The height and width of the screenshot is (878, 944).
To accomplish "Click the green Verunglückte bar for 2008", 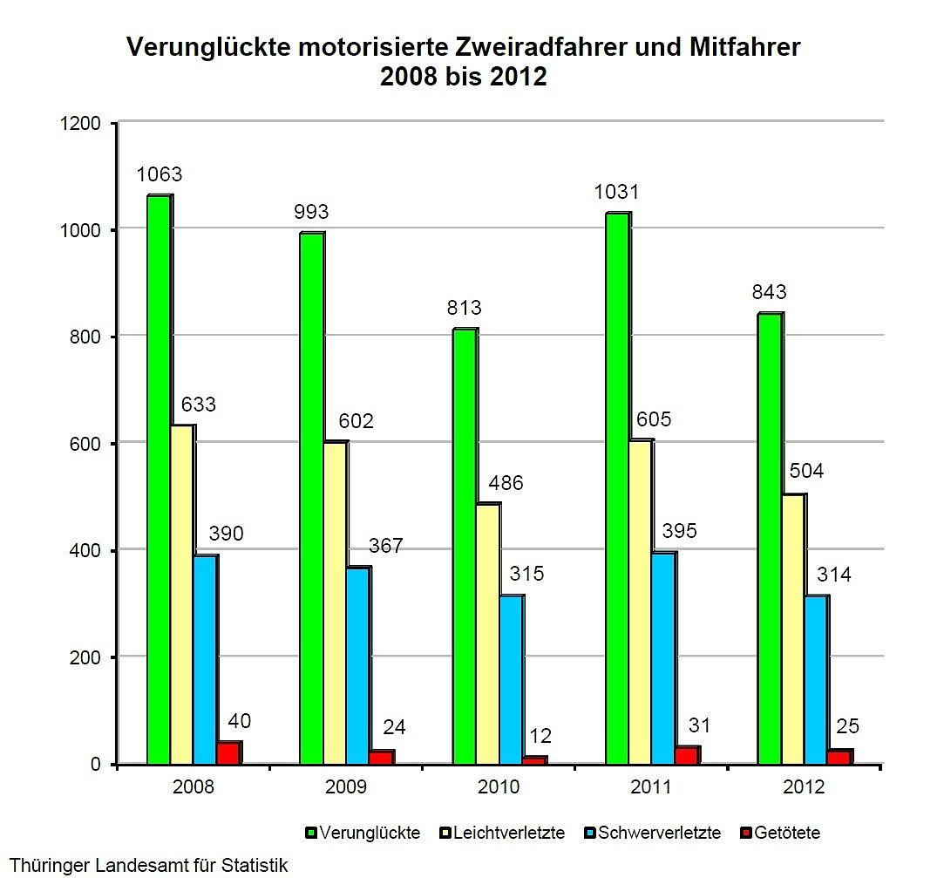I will coord(159,480).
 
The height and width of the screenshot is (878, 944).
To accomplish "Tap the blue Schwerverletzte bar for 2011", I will coord(662,658).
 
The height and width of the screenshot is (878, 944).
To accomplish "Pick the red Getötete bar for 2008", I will coord(228,752).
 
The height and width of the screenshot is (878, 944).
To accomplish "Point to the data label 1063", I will coord(160,174).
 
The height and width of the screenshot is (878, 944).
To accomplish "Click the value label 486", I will coord(506,483).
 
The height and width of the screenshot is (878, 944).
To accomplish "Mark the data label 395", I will coord(680,531).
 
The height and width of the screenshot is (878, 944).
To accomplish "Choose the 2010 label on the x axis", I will coord(499,787).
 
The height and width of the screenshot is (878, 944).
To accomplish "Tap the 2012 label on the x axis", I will coord(803,787).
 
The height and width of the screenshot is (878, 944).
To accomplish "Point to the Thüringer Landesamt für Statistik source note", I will coord(148,866).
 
